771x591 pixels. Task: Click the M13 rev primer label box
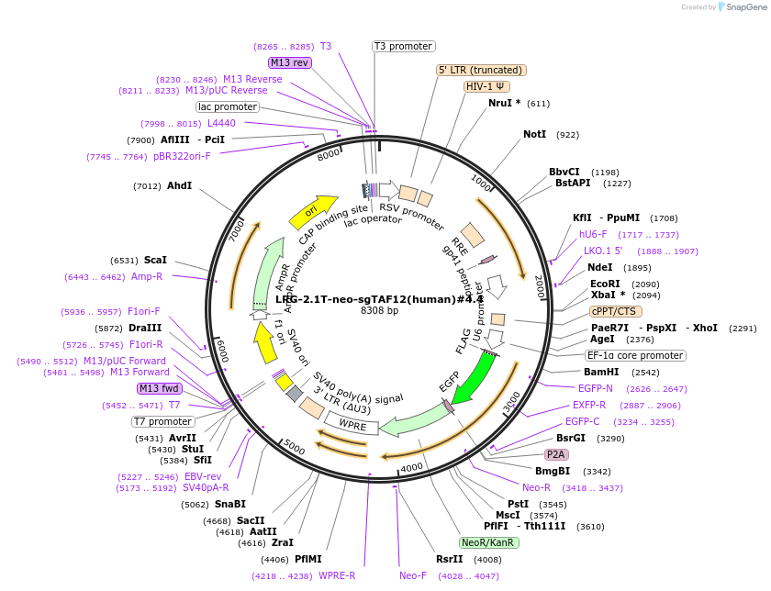[290, 62]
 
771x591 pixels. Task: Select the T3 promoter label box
[403, 46]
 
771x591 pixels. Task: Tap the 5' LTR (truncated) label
[480, 70]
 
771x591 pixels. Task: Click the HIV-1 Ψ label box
[486, 86]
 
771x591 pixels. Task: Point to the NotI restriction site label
[534, 134]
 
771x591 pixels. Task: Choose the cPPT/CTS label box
[614, 311]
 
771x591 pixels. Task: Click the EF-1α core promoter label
[636, 355]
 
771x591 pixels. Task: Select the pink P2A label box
[555, 454]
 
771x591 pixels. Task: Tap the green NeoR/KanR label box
[489, 542]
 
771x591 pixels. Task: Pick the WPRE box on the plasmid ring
[352, 425]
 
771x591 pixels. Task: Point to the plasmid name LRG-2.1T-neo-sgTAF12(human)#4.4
[379, 299]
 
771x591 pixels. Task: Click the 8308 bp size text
[379, 311]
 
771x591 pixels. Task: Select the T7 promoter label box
[162, 421]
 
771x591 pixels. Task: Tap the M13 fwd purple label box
[160, 388]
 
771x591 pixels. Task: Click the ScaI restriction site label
[155, 260]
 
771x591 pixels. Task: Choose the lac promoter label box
[228, 106]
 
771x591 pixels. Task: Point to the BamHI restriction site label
[601, 372]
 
